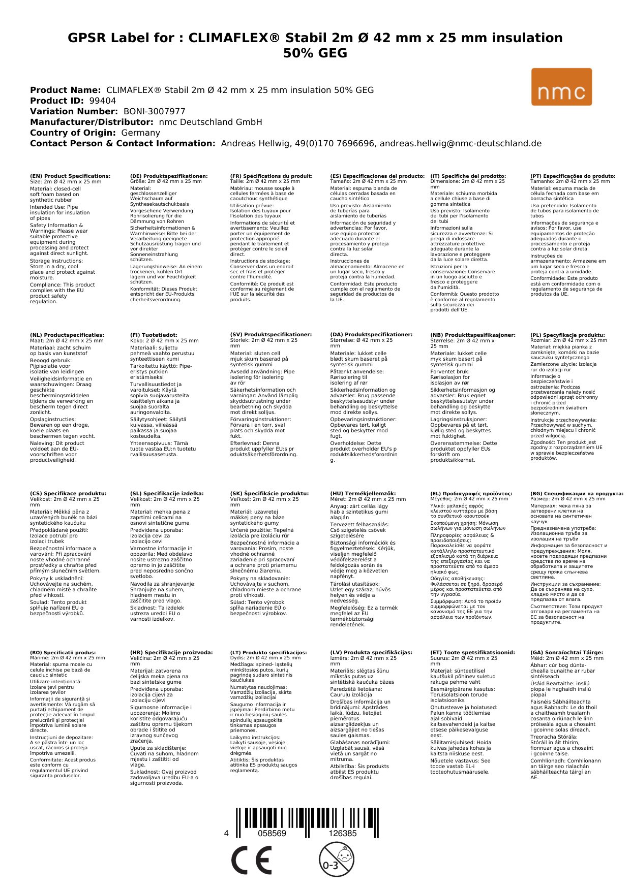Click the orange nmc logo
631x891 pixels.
pyautogui.click(x=561, y=87)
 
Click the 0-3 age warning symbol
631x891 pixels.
pyautogui.click(x=336, y=860)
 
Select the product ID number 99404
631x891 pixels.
pyautogui.click(x=102, y=101)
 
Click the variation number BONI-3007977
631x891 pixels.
pyautogui.click(x=154, y=111)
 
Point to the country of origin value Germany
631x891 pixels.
pyautogui.click(x=140, y=133)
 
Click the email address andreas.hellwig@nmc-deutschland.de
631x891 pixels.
pyautogui.click(x=461, y=143)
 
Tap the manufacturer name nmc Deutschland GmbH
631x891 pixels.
pyautogui.click(x=211, y=122)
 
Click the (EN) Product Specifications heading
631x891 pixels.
pyautogui.click(x=70, y=176)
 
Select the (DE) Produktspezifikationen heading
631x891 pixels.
pyautogui.click(x=169, y=176)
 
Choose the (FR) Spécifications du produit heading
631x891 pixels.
pyautogui.click(x=271, y=176)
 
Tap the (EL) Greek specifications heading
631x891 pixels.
pyautogui.click(x=471, y=493)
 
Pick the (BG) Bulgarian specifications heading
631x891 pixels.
pyautogui.click(x=577, y=493)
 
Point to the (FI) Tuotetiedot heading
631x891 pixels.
pyautogui.click(x=154, y=335)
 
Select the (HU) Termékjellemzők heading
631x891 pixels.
pyautogui.click(x=363, y=493)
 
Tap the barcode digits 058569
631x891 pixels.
pyautogui.click(x=272, y=834)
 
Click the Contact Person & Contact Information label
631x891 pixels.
pyautogui.click(x=123, y=143)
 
